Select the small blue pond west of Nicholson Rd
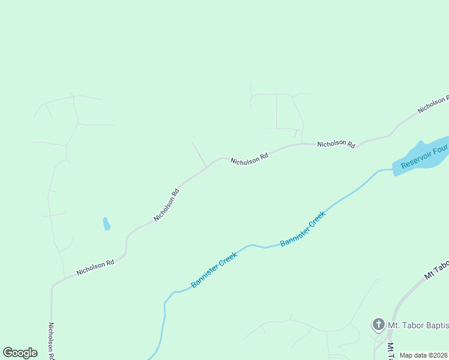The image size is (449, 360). (106, 224)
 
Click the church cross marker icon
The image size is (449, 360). (378, 325)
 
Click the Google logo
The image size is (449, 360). (20, 353)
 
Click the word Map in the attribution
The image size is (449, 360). (406, 355)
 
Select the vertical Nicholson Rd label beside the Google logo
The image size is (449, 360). (52, 341)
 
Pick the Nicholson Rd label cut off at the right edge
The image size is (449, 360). (433, 104)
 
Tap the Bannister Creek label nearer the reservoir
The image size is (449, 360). (303, 229)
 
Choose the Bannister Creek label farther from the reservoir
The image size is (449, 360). (214, 269)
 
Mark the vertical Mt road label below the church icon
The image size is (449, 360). (390, 351)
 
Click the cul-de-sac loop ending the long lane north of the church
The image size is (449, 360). (377, 280)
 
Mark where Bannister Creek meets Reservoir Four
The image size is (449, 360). (393, 170)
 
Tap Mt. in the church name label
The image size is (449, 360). (394, 325)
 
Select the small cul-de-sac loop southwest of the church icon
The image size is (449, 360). (340, 346)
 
